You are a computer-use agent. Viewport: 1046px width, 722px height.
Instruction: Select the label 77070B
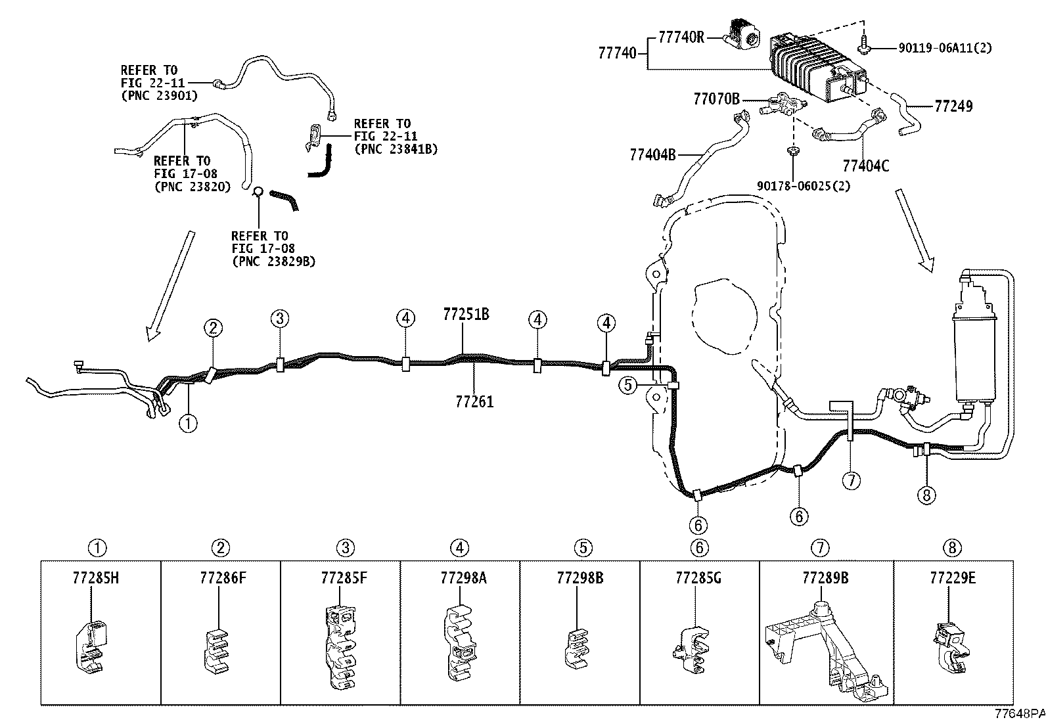click(716, 99)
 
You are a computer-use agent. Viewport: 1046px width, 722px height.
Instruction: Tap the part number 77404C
click(866, 166)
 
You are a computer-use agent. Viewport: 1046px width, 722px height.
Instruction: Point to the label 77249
click(953, 106)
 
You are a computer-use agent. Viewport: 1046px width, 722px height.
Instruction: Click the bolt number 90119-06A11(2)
click(945, 48)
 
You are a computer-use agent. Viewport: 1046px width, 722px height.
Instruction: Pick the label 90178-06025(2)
click(804, 186)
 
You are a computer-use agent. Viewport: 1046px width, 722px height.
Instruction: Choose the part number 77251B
click(466, 314)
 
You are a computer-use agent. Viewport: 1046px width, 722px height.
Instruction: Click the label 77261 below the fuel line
click(474, 401)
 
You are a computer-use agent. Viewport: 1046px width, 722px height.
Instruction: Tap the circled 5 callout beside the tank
click(628, 385)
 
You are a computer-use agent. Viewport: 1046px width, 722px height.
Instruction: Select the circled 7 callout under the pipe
click(852, 480)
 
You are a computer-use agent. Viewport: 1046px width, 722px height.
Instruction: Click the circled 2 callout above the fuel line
click(213, 328)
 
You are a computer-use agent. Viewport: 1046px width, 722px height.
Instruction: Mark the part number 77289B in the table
click(826, 578)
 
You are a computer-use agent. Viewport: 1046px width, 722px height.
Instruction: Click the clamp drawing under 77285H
click(91, 648)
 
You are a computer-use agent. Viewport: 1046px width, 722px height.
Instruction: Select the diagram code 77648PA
click(1020, 714)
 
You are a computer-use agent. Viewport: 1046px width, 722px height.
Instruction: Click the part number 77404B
click(653, 154)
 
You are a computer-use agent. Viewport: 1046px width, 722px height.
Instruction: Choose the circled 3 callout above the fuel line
click(280, 319)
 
